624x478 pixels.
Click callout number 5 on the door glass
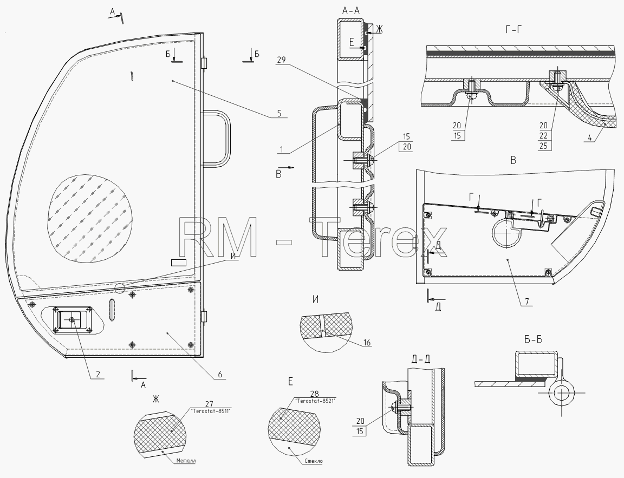tap(279, 113)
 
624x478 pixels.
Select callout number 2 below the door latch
tap(97, 374)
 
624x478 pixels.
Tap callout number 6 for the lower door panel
tap(220, 374)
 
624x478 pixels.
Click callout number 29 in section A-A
tap(281, 60)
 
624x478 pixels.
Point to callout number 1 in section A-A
tap(281, 149)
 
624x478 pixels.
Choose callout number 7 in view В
tap(526, 302)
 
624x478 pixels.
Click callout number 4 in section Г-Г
tap(590, 139)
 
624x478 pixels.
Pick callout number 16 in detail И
tap(367, 342)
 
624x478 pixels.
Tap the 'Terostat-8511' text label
tap(211, 410)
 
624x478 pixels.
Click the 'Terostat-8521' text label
tap(314, 401)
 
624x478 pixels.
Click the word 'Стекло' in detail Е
tap(313, 461)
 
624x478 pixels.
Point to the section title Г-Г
tap(513, 29)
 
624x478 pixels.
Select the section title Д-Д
tap(421, 359)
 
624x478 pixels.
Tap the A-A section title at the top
tap(350, 11)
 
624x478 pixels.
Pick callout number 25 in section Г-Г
tap(543, 146)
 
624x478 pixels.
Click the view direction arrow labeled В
tap(286, 168)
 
